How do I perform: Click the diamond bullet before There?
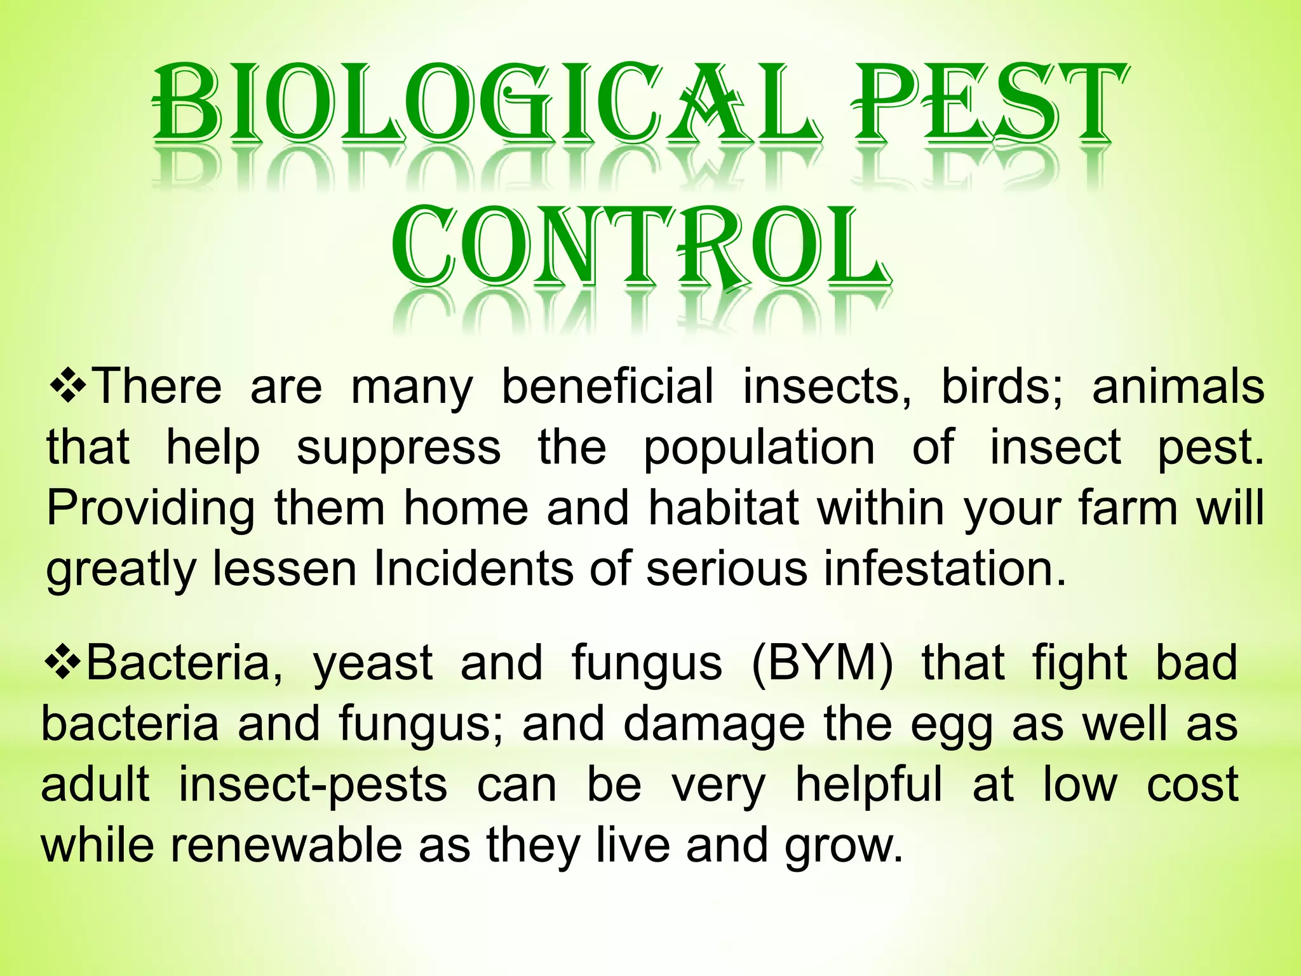[69, 386]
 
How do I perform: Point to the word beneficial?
[607, 386]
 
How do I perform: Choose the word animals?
[1177, 386]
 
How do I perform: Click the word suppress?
[398, 448]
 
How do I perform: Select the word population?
[759, 448]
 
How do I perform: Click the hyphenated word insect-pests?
[313, 785]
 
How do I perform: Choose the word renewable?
[285, 845]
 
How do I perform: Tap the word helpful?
[868, 785]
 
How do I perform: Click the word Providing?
[151, 508]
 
